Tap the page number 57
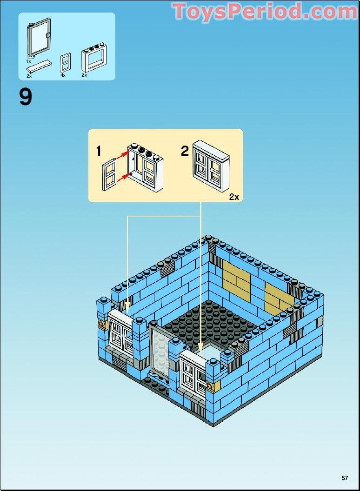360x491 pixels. pyautogui.click(x=345, y=478)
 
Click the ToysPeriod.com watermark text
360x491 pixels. pyautogui.click(x=264, y=12)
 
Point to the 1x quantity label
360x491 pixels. pyautogui.click(x=28, y=61)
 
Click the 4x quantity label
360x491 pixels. pyautogui.click(x=63, y=75)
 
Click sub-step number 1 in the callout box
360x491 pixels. pyautogui.click(x=99, y=151)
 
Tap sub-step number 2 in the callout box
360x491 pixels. pyautogui.click(x=185, y=151)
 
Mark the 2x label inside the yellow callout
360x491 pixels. pyautogui.click(x=233, y=197)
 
